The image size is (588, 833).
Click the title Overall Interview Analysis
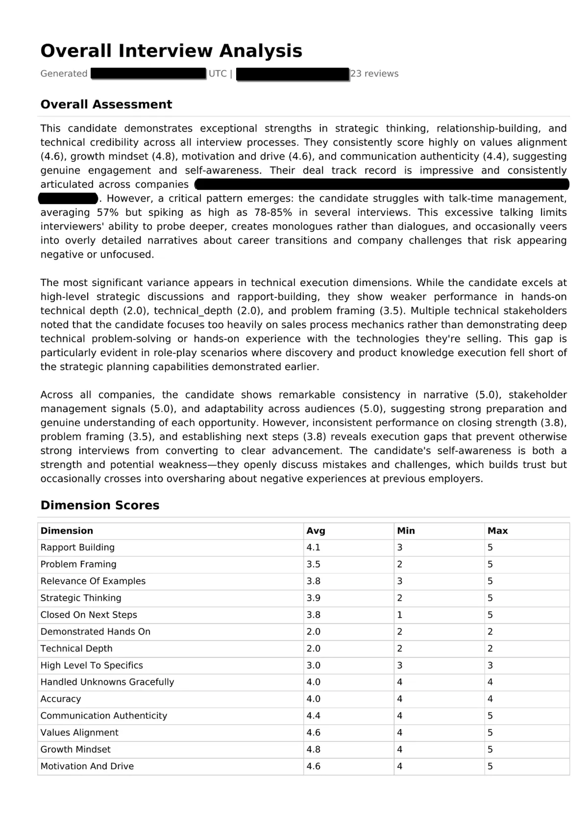click(x=171, y=51)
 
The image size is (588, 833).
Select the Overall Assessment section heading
click(x=106, y=104)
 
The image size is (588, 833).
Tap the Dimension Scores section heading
click(x=100, y=505)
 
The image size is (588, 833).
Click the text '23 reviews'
click(x=374, y=74)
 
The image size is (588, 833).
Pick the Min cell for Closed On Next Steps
click(x=400, y=615)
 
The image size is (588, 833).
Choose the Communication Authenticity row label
click(x=104, y=716)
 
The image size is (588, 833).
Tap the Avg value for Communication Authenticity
click(x=313, y=716)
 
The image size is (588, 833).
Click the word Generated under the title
click(x=64, y=74)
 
